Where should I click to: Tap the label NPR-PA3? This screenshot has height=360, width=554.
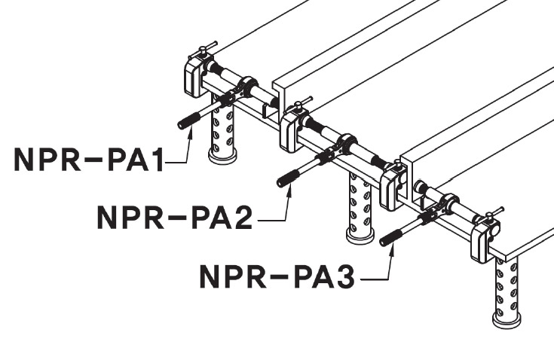click(x=277, y=276)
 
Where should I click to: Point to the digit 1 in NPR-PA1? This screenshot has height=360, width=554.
click(x=156, y=160)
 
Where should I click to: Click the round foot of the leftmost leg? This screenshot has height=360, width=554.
click(x=222, y=157)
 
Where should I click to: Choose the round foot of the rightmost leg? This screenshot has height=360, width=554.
click(x=507, y=320)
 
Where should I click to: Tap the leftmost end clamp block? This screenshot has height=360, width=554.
click(x=195, y=76)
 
